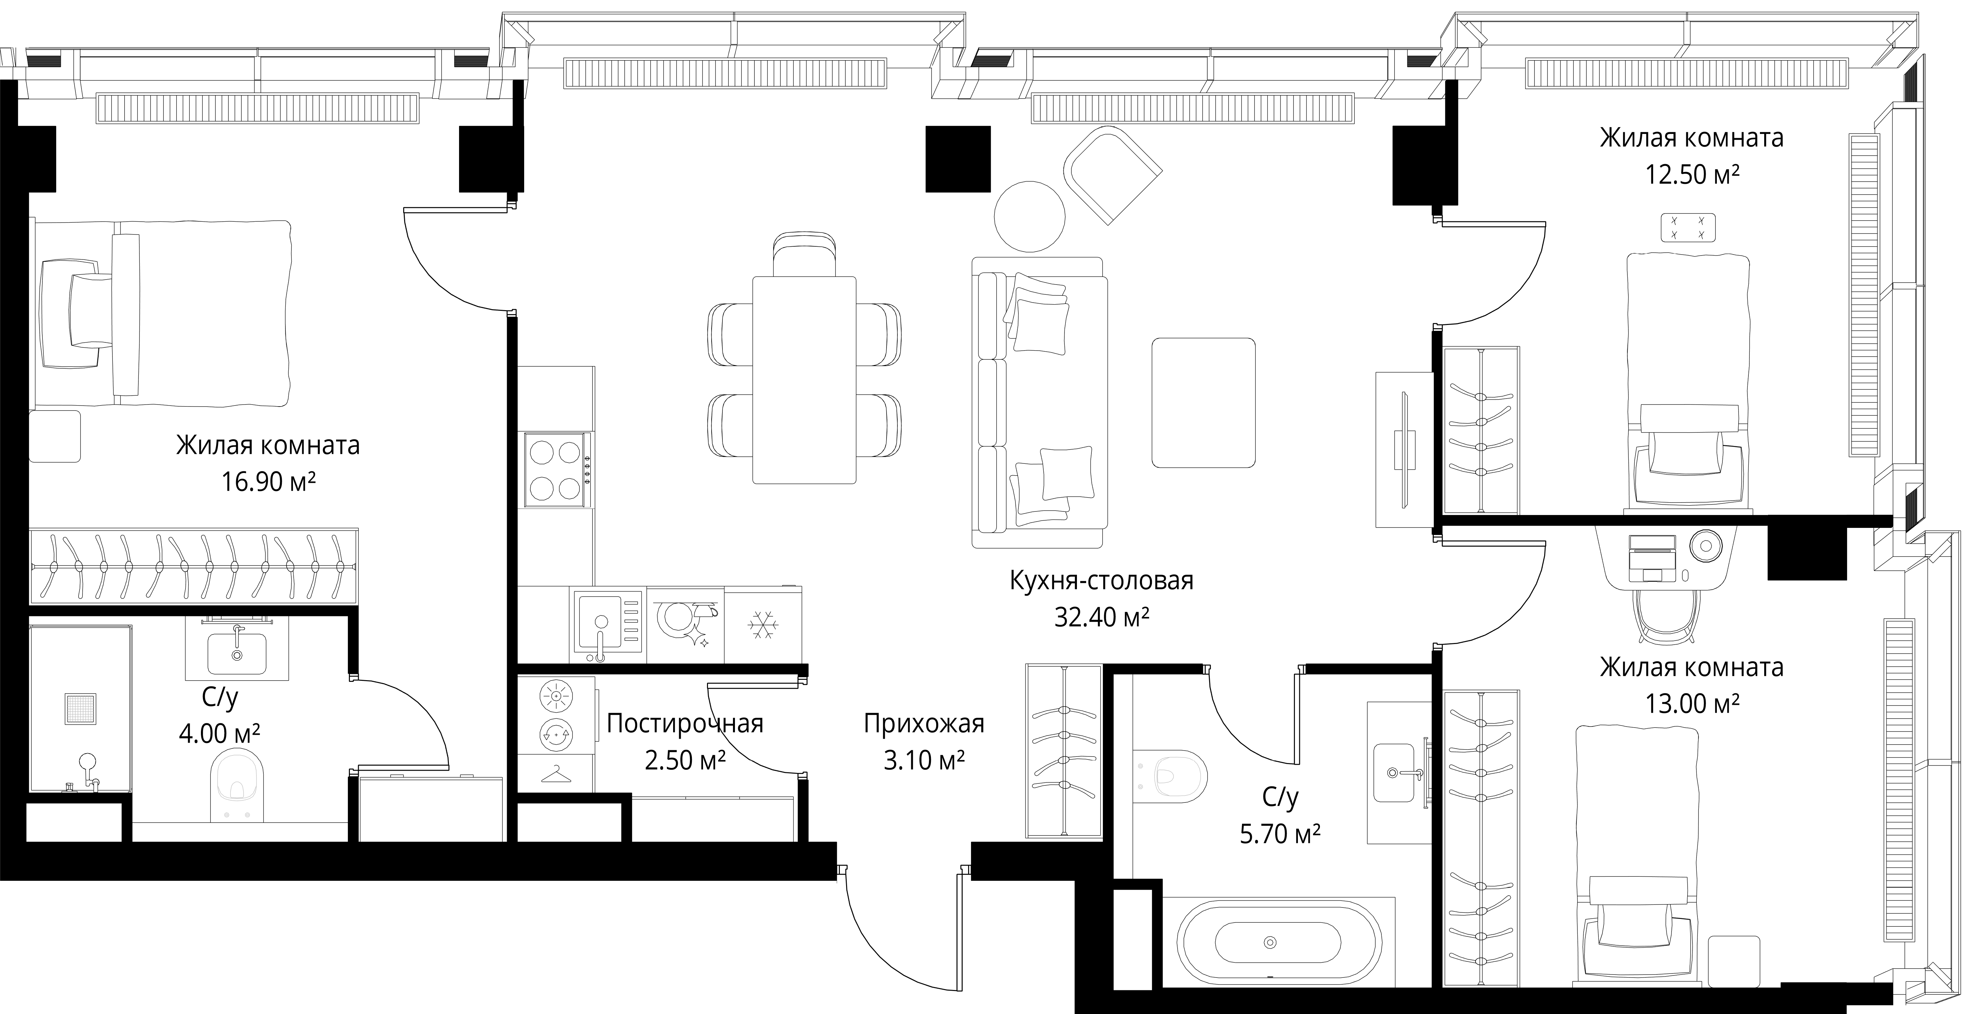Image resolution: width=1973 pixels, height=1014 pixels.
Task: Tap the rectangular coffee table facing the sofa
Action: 1203,402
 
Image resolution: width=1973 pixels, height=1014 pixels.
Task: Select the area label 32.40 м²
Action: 1101,616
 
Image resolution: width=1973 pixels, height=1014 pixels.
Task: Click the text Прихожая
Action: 924,723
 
